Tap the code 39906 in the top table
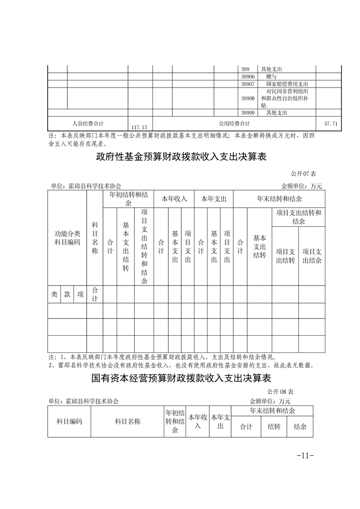click(248, 77)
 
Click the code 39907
click(248, 84)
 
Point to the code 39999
click(248, 113)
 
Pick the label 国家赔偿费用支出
click(287, 84)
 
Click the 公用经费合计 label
click(234, 123)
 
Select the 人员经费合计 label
click(88, 123)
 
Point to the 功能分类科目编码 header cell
click(67, 238)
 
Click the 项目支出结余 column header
click(312, 256)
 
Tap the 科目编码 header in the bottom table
click(69, 421)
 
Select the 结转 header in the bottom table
click(274, 426)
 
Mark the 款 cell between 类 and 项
click(67, 294)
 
